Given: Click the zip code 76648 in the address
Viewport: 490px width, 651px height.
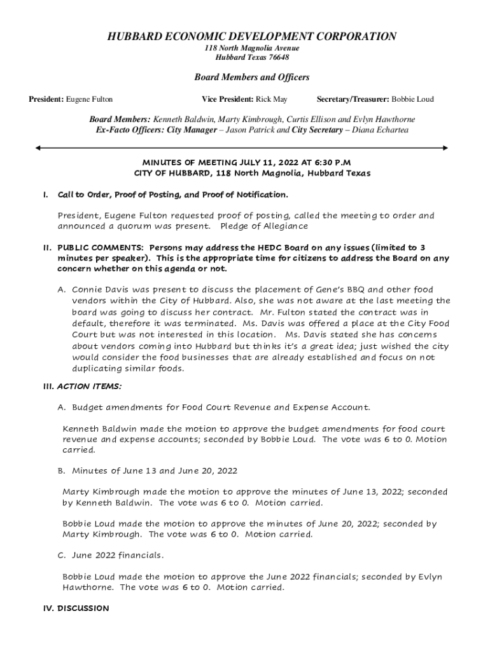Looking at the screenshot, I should tap(277, 57).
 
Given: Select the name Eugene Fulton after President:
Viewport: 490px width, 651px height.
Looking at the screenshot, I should tap(90, 99).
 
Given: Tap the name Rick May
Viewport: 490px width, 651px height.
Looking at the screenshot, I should tap(271, 99).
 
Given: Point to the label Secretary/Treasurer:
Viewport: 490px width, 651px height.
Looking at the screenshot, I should tap(353, 99).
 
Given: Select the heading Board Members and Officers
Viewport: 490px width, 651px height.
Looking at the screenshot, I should tap(251, 78).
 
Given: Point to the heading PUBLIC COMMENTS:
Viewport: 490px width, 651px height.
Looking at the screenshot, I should tap(94, 247).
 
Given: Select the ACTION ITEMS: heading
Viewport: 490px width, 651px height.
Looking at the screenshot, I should tap(90, 386).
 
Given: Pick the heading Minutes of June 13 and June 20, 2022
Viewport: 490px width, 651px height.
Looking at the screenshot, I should tap(155, 471).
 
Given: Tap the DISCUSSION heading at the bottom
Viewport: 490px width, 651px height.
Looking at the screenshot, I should tap(83, 608).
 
